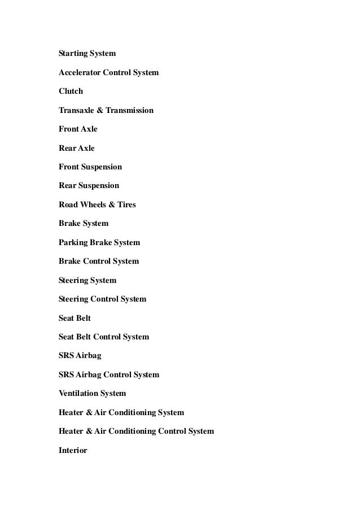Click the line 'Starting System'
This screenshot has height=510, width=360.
coord(87,54)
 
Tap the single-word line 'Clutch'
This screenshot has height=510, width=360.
coord(71,91)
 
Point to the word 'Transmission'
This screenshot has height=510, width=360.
coord(129,110)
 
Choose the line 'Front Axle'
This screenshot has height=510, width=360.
coord(78,129)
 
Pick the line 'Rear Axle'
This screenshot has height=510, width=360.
coord(77,148)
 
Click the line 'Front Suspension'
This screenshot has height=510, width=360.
coord(90,167)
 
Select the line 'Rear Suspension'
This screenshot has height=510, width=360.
coord(89,186)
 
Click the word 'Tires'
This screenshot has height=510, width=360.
coord(126,204)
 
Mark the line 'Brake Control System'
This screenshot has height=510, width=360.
coord(98,261)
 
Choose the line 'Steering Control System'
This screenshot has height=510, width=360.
coord(102,299)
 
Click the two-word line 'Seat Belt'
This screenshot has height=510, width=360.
coord(74,319)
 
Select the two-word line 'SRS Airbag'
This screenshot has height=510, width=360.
coord(80,356)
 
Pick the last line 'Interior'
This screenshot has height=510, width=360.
coord(73,451)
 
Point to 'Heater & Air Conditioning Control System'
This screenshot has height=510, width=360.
coord(136,431)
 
